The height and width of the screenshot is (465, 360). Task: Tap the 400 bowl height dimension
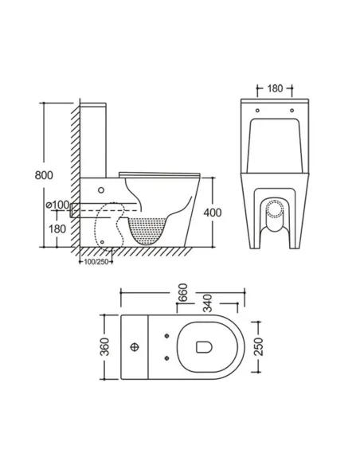tap(213, 213)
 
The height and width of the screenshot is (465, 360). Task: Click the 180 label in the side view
tap(57, 229)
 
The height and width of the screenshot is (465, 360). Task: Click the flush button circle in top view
tap(135, 346)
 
